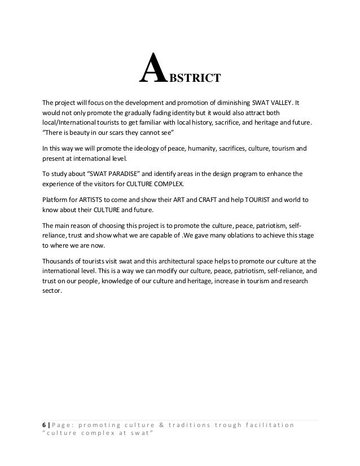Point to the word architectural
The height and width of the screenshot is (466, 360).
183,262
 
